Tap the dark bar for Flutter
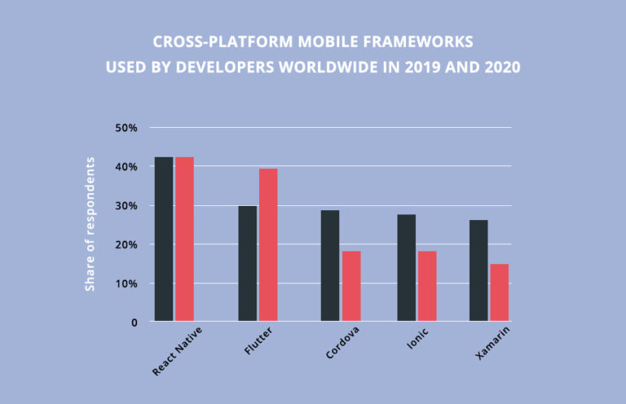[248, 264]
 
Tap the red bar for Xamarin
[500, 292]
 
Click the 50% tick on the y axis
[126, 128]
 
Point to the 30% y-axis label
[126, 206]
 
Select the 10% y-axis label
[126, 283]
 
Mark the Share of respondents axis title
[91, 223]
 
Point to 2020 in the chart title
[501, 68]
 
